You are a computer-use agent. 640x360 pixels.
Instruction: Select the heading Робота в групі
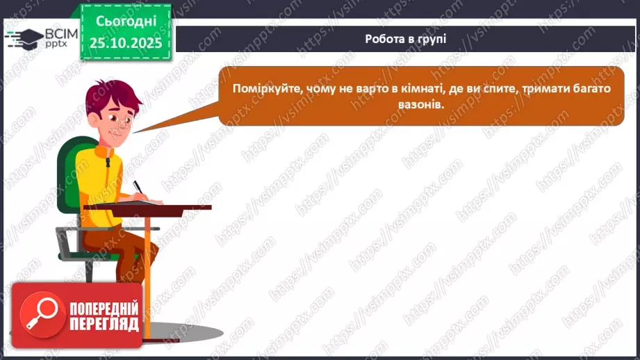click(405, 38)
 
